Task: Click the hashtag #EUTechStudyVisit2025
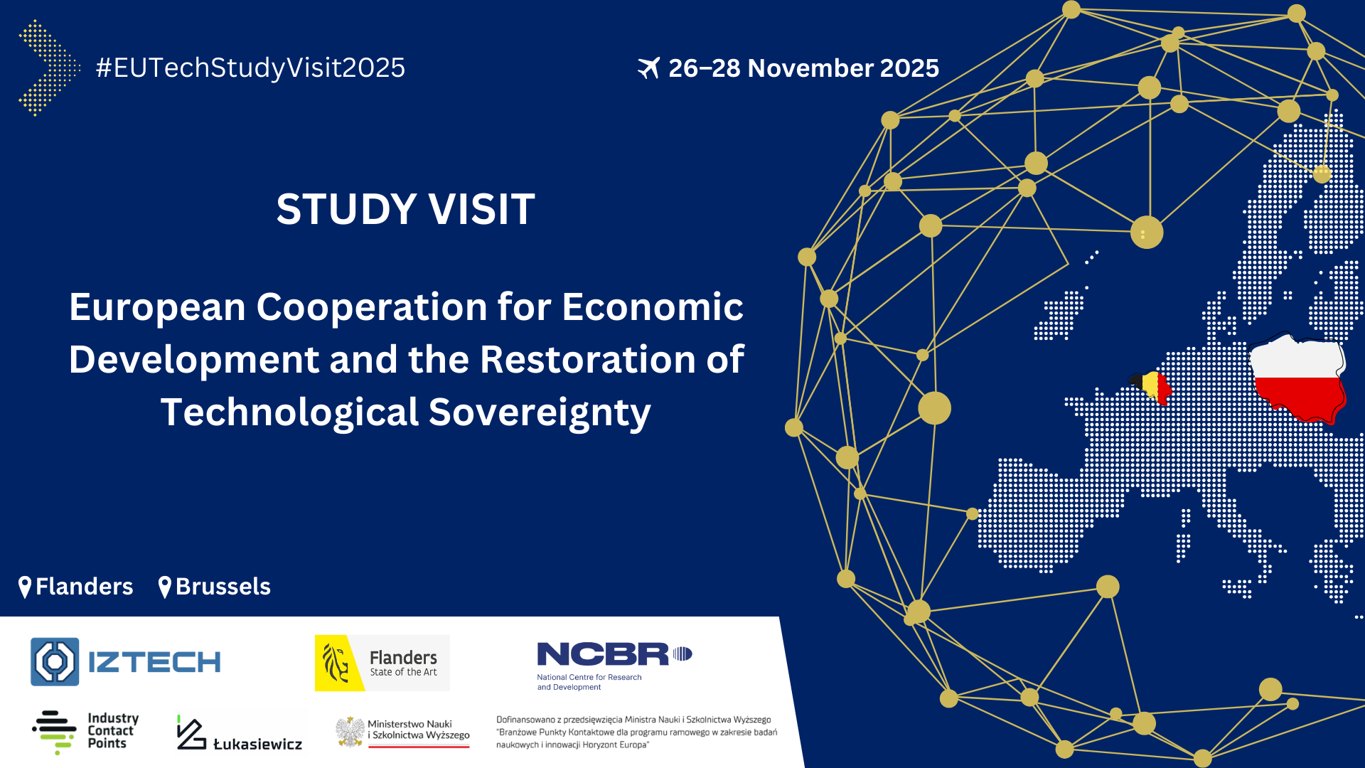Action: click(250, 68)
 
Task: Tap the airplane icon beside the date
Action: click(648, 68)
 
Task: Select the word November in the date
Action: click(810, 68)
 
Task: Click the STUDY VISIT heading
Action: click(405, 209)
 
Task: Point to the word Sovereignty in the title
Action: click(540, 412)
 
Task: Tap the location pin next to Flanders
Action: click(25, 587)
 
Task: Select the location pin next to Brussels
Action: click(165, 587)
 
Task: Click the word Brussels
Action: click(223, 587)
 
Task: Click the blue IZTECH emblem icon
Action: click(55, 661)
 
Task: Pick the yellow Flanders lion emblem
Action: click(339, 663)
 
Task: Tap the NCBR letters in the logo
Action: click(603, 654)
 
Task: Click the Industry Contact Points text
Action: click(113, 731)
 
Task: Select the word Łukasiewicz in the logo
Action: click(257, 744)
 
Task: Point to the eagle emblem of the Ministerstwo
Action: click(350, 732)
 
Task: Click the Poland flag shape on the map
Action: click(1298, 378)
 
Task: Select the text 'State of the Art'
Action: click(403, 672)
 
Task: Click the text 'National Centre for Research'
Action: click(589, 677)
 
